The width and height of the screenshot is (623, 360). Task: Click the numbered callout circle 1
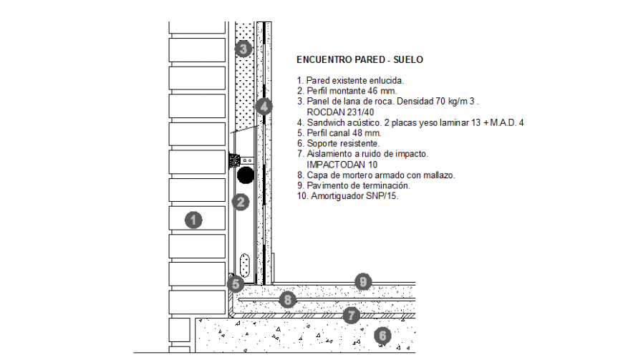[x=192, y=220]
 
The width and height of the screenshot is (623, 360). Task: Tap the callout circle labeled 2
[x=241, y=203]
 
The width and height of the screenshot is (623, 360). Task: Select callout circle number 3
[x=243, y=49]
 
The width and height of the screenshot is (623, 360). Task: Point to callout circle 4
[x=264, y=107]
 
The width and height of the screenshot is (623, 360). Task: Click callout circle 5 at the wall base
[x=236, y=283]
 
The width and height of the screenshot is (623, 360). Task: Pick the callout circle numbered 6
[x=382, y=334]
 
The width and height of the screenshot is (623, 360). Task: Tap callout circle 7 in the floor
[x=350, y=313]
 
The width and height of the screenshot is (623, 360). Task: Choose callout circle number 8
[x=286, y=299]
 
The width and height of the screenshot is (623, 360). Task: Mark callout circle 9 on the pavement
[x=363, y=282]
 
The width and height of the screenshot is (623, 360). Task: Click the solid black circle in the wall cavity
[x=246, y=175]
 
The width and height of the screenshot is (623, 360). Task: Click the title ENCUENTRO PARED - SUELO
[x=359, y=59]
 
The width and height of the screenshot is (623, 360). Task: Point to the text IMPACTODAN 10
[x=342, y=165]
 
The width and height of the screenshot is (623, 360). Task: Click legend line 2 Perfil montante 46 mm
[x=346, y=91]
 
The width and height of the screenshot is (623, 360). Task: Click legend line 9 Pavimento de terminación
[x=353, y=185]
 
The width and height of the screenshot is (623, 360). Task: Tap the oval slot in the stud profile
[x=245, y=266]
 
